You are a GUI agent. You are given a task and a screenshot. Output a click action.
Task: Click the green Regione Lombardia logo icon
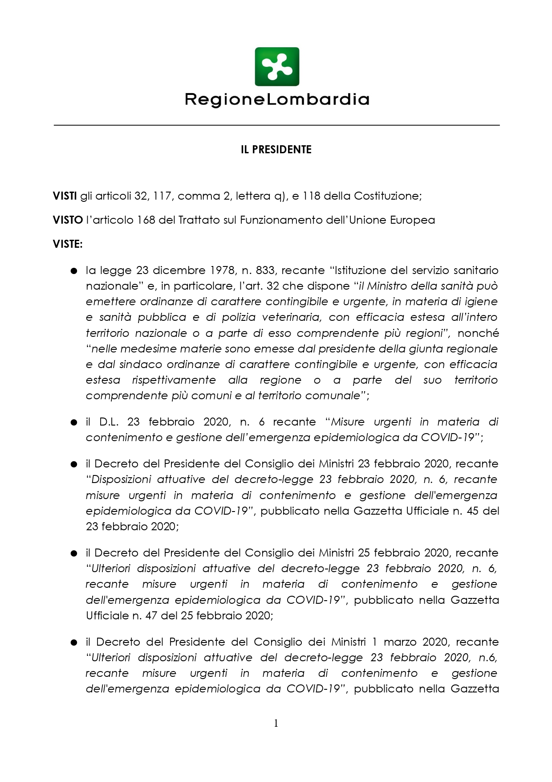coord(276,67)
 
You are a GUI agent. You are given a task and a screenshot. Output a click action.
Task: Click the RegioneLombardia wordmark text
coord(276,99)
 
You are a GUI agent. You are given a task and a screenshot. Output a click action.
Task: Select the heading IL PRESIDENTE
coord(276,150)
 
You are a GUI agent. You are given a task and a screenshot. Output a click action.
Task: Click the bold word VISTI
coord(65,196)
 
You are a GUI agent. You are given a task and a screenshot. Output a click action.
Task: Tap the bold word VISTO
coord(68,220)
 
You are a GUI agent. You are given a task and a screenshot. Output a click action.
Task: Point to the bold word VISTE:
coord(68,244)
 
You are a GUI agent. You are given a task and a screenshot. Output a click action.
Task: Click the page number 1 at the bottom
coord(276,723)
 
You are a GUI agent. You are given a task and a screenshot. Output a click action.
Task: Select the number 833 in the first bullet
coord(266,270)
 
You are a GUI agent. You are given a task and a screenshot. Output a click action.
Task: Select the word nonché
coord(478,333)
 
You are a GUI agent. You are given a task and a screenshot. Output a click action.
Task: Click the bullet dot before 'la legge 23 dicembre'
coord(74,271)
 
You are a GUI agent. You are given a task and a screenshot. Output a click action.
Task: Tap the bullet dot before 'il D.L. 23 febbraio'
coord(74,422)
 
